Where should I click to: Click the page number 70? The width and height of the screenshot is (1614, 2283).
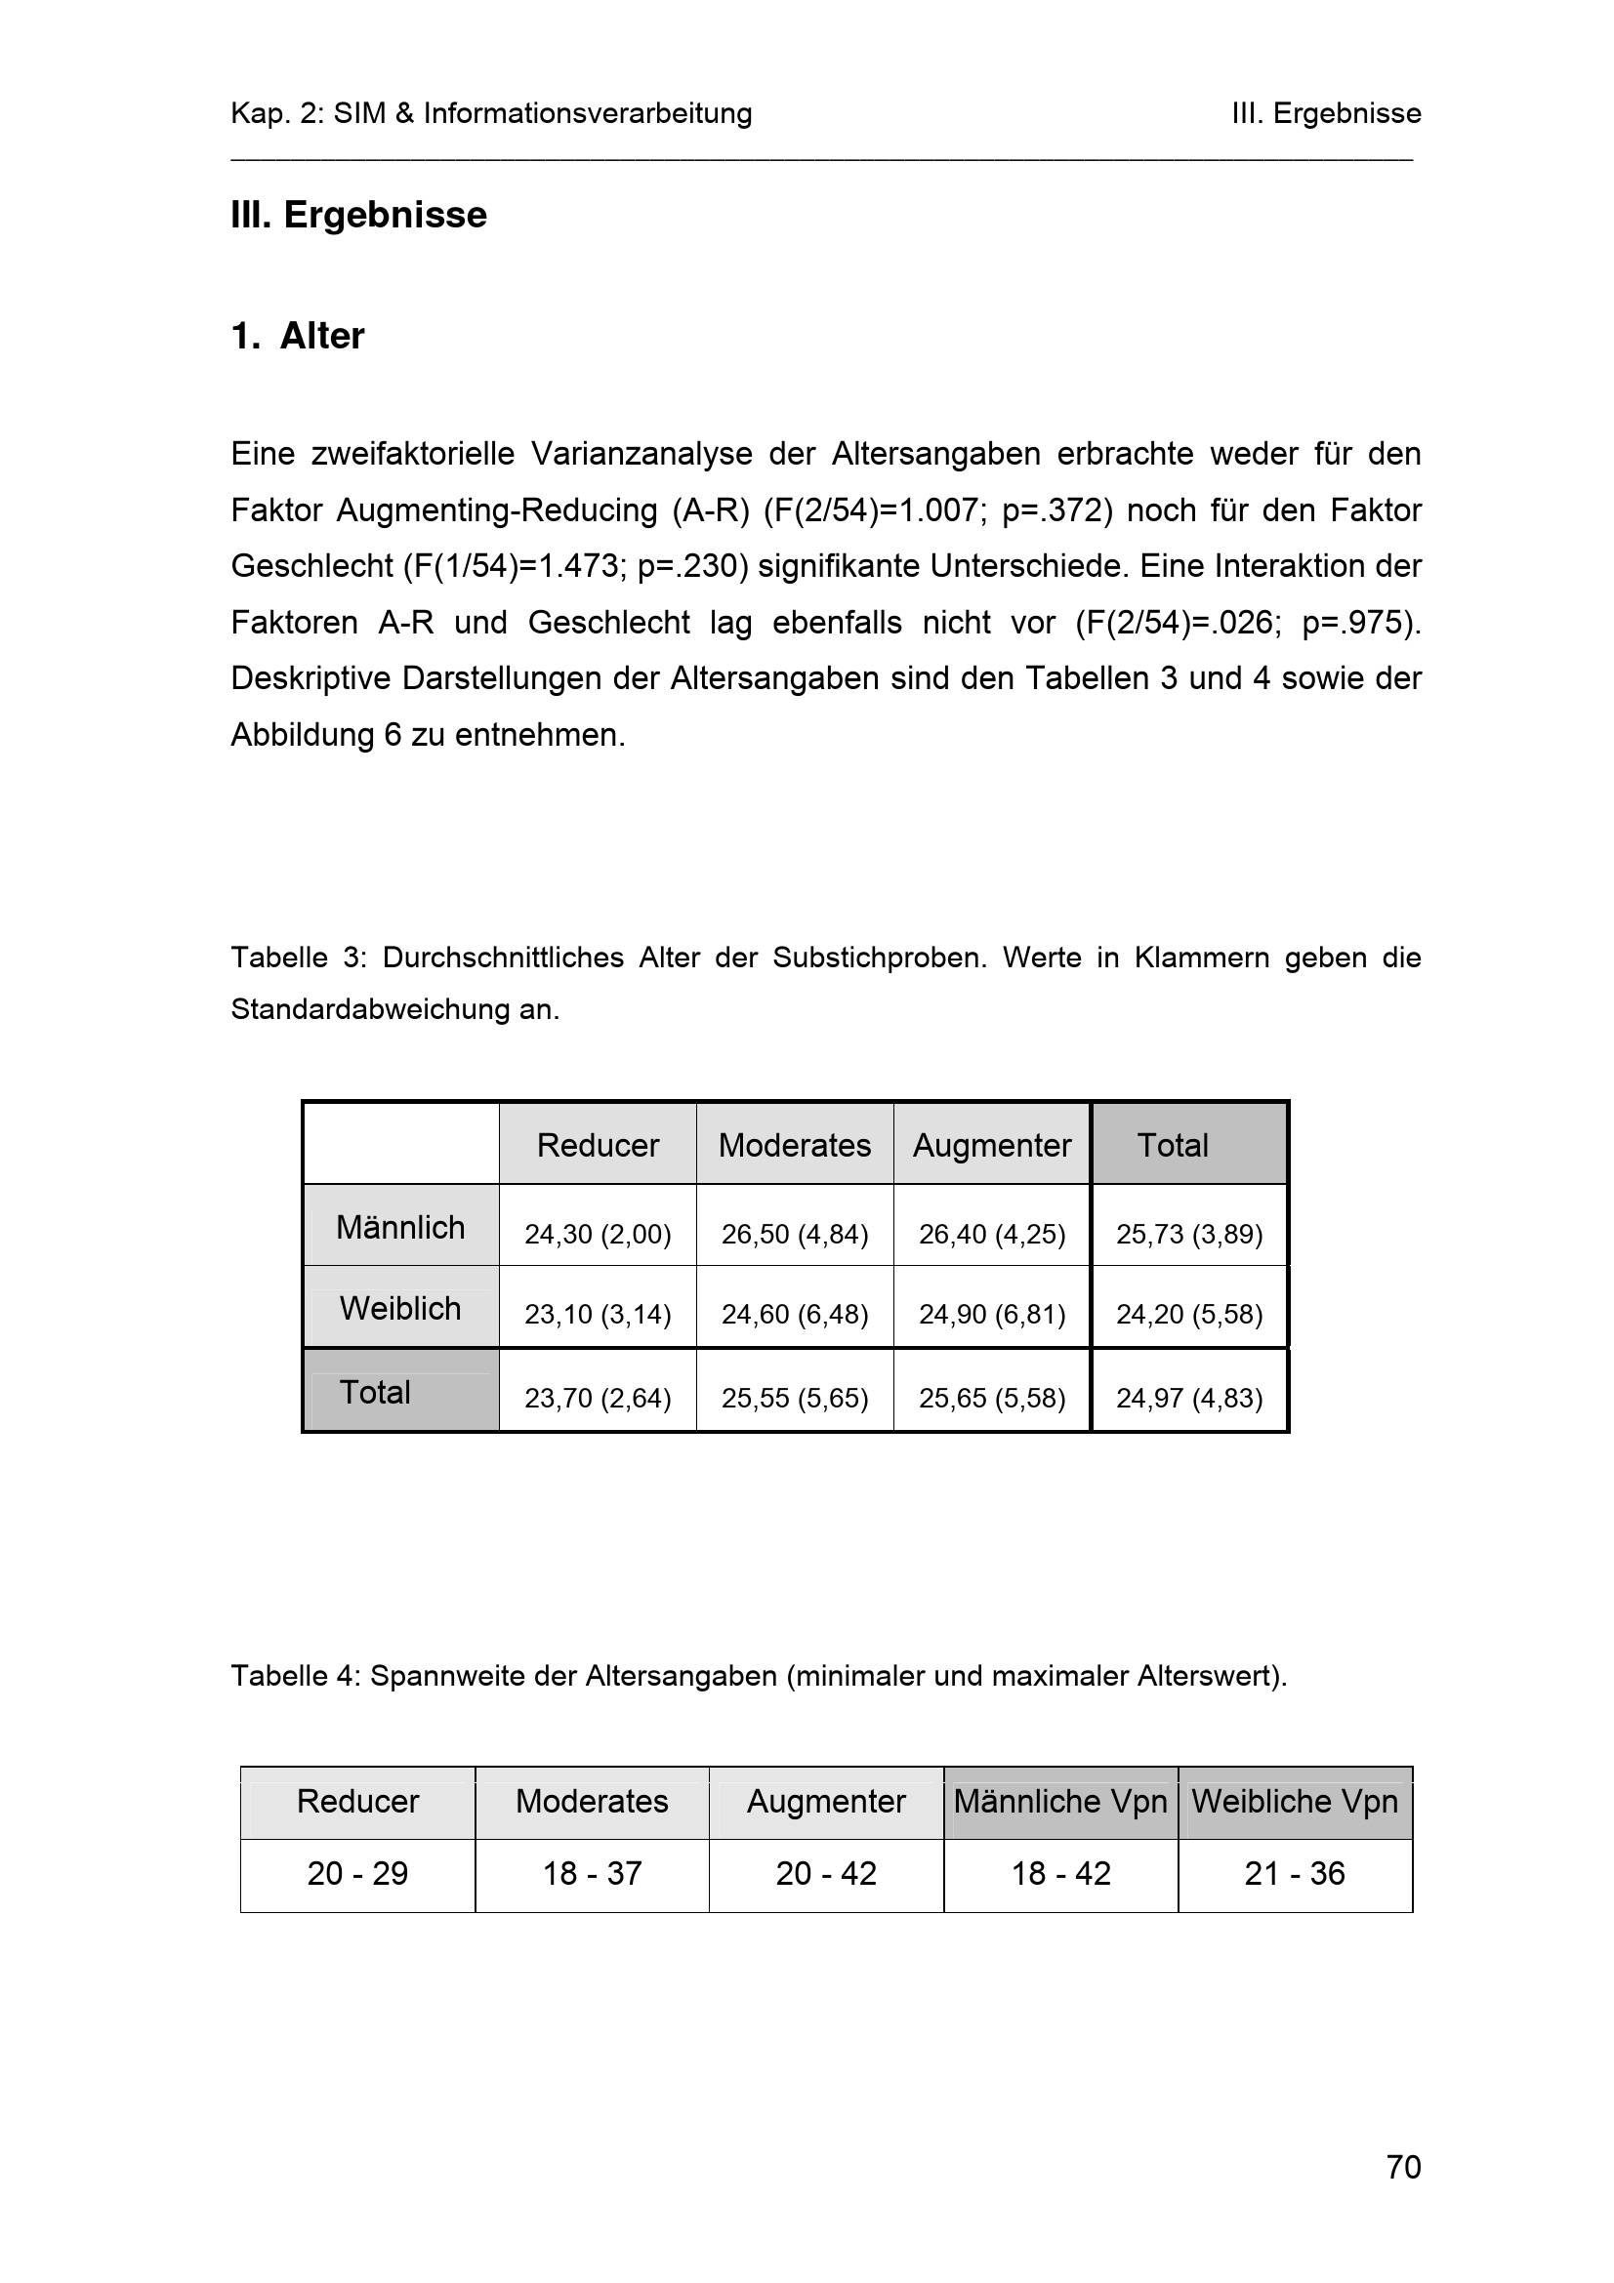coord(1403,2167)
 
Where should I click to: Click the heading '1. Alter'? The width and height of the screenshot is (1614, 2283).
coord(298,336)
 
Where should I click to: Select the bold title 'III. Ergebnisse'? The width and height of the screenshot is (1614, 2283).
coord(359,215)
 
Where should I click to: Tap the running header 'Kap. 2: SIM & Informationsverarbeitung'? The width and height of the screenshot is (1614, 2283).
coord(491,113)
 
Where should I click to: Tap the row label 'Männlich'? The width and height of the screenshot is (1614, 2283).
coord(399,1227)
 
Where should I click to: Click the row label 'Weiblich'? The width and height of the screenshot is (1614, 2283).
coord(399,1308)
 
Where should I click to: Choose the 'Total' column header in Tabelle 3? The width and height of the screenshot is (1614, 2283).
coord(1173,1145)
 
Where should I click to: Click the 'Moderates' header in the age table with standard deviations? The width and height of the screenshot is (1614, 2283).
coord(795,1145)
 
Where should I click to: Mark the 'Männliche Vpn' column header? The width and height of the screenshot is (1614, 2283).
coord(1060,1801)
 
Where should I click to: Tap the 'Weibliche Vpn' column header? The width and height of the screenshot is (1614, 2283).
coord(1295,1801)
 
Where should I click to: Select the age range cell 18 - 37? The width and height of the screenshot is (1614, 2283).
coord(592,1873)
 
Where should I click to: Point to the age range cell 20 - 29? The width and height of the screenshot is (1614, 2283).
coord(357,1873)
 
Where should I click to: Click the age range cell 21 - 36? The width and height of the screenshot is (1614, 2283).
coord(1295,1873)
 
